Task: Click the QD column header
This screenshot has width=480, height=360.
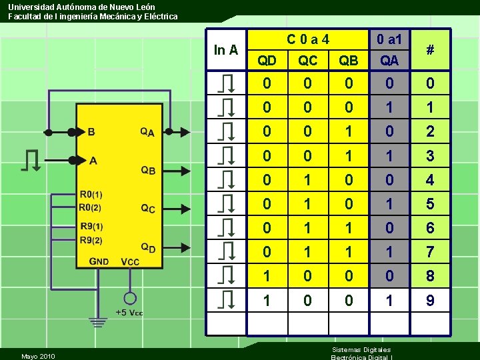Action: click(x=267, y=61)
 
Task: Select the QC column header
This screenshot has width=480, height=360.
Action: click(x=307, y=61)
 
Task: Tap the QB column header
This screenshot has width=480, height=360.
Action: click(x=349, y=61)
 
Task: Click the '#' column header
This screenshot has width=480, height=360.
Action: click(x=430, y=49)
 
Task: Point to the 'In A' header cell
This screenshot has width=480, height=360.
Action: click(x=226, y=49)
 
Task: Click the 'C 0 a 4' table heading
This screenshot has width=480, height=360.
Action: click(x=307, y=39)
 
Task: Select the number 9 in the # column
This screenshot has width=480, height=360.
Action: click(x=430, y=301)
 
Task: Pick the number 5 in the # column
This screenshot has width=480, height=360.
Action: click(x=430, y=204)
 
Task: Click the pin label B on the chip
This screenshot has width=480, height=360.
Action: click(x=91, y=131)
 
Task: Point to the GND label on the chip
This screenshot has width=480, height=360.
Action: click(x=99, y=261)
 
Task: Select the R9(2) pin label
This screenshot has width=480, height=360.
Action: click(x=91, y=240)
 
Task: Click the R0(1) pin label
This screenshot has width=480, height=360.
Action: click(x=91, y=195)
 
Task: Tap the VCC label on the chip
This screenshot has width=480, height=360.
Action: click(x=130, y=261)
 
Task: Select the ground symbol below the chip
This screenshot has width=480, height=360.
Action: click(x=98, y=322)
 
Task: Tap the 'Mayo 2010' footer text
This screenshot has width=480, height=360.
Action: click(x=38, y=356)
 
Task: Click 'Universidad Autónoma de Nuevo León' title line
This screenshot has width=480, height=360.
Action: click(x=81, y=7)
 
